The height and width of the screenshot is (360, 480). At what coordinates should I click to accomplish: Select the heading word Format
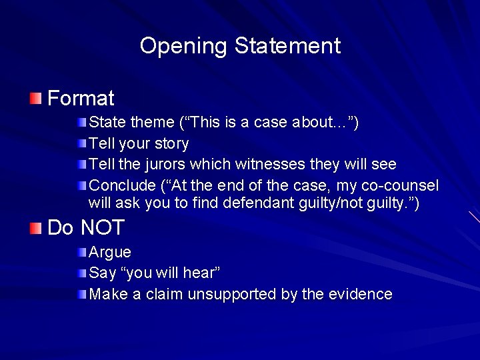(x=81, y=99)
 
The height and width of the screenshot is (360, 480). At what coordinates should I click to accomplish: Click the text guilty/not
(x=348, y=203)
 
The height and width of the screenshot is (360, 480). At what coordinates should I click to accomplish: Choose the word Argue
(x=110, y=253)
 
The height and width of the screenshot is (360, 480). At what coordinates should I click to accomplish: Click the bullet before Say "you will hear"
(x=81, y=273)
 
